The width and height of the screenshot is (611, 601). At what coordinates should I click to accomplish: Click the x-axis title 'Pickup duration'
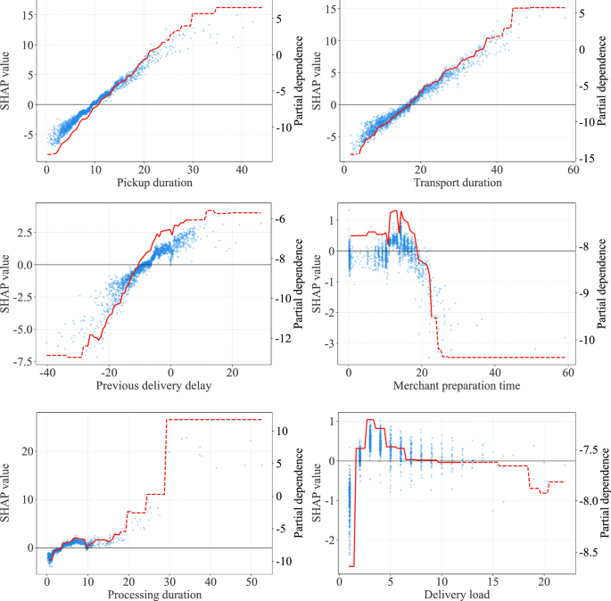(154, 183)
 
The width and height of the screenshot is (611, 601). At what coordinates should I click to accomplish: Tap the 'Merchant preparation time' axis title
(456, 385)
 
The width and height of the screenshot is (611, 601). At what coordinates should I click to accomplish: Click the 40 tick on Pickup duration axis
(241, 169)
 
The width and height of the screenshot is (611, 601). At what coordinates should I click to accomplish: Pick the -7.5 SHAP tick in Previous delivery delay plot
(21, 360)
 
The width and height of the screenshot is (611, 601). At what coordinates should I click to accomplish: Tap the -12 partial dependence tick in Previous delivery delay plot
(283, 339)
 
